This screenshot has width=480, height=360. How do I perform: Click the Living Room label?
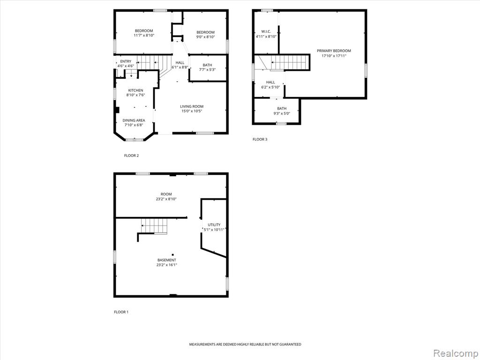tap(192, 106)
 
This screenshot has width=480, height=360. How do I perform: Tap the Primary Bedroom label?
tap(334, 51)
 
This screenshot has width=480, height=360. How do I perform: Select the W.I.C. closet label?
tap(266, 31)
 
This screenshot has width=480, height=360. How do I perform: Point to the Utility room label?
tap(214, 225)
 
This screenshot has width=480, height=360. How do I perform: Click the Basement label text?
tap(167, 260)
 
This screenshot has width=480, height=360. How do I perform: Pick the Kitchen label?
tap(135, 90)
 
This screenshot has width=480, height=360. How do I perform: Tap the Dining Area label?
tap(134, 120)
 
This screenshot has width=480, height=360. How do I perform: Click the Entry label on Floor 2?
tap(126, 61)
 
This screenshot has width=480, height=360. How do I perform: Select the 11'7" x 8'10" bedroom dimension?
tap(144, 36)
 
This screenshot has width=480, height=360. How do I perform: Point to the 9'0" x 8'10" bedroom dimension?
tap(205, 37)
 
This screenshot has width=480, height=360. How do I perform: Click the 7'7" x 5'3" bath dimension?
tap(207, 70)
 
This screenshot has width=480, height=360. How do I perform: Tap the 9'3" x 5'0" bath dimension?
tap(282, 113)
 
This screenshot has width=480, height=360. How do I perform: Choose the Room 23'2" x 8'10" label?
tap(166, 196)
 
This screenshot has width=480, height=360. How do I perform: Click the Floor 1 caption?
tap(121, 312)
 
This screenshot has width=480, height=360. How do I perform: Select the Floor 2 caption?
tap(131, 156)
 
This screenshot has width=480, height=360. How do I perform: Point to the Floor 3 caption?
tap(260, 139)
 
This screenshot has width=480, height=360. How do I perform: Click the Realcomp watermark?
tap(455, 353)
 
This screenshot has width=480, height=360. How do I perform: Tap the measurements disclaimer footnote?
tap(245, 345)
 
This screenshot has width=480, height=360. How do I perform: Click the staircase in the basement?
tap(154, 226)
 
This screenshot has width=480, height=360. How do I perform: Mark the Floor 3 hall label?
tap(270, 82)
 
